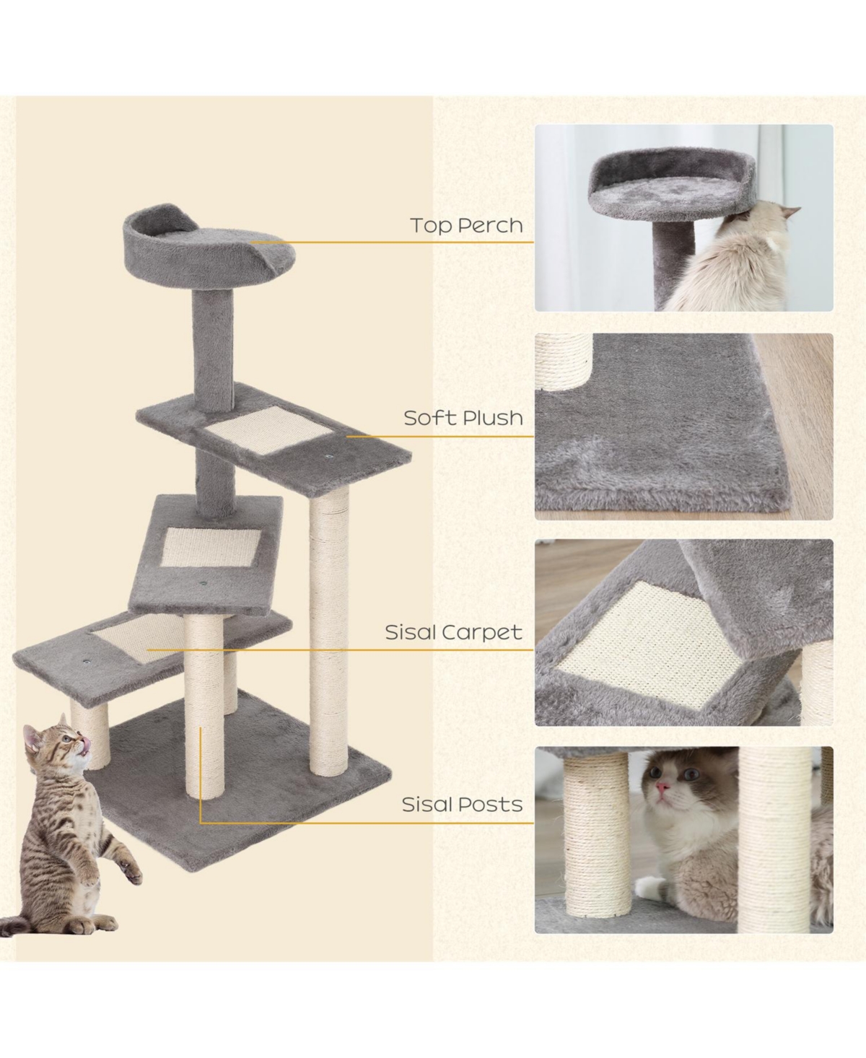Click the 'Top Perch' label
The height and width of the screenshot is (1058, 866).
(x=466, y=225)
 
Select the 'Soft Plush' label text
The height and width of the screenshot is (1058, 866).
(x=463, y=418)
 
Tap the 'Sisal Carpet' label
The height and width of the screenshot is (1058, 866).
(x=453, y=633)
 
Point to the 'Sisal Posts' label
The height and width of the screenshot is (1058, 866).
(x=462, y=805)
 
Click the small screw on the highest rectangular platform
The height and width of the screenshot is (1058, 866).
(x=328, y=455)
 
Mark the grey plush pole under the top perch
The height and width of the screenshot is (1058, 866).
(x=214, y=339)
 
